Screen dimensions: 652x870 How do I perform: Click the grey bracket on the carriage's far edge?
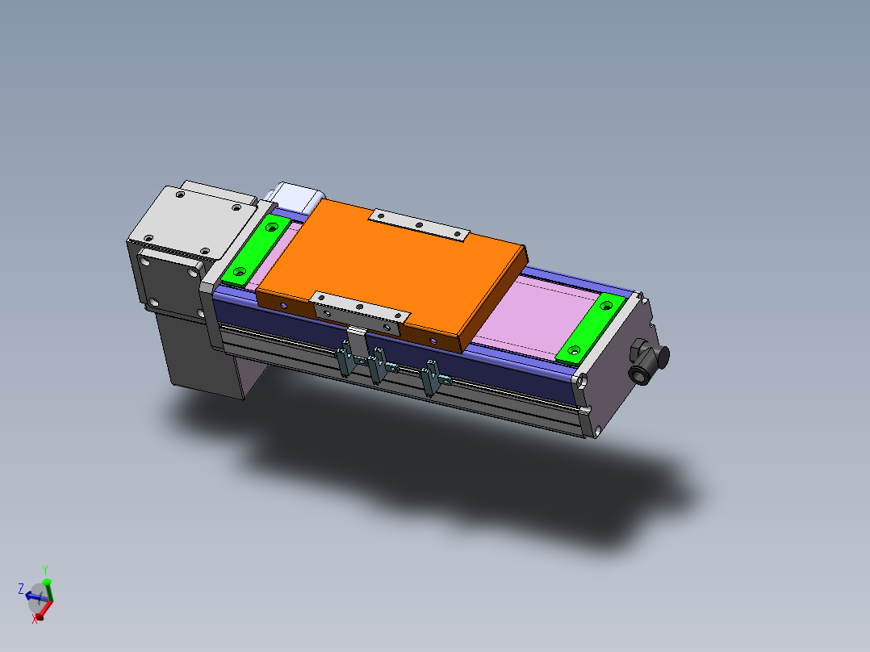click(419, 224)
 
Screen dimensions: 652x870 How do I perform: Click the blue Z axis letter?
click(21, 589)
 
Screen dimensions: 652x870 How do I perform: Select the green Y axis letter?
click(46, 569)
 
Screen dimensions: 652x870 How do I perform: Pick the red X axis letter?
click(36, 619)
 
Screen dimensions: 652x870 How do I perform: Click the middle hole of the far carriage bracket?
click(419, 224)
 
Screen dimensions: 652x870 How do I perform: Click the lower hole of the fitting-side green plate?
click(574, 352)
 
